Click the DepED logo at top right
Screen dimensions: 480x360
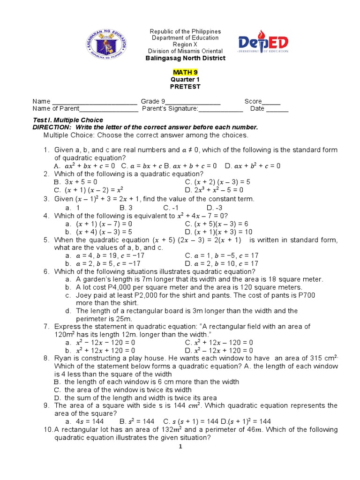point(263,44)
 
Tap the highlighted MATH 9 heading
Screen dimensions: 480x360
point(185,72)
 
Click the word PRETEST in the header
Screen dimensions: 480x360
point(185,87)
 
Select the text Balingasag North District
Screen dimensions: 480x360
point(185,58)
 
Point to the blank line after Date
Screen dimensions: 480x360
point(277,110)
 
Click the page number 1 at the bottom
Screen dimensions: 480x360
point(180,447)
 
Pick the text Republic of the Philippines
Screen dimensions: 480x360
point(185,31)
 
